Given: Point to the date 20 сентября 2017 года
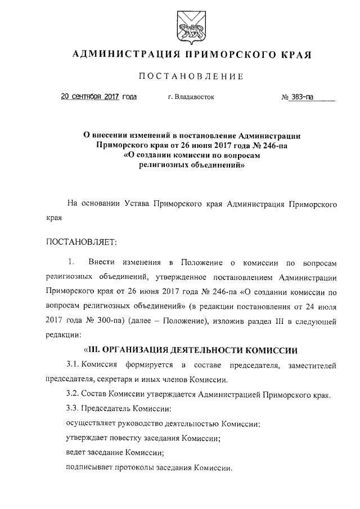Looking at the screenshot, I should [98, 97].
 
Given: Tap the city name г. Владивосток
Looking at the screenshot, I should [191, 97].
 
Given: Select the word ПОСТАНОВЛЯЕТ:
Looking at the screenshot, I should [80, 242].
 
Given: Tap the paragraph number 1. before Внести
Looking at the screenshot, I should [71, 263].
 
